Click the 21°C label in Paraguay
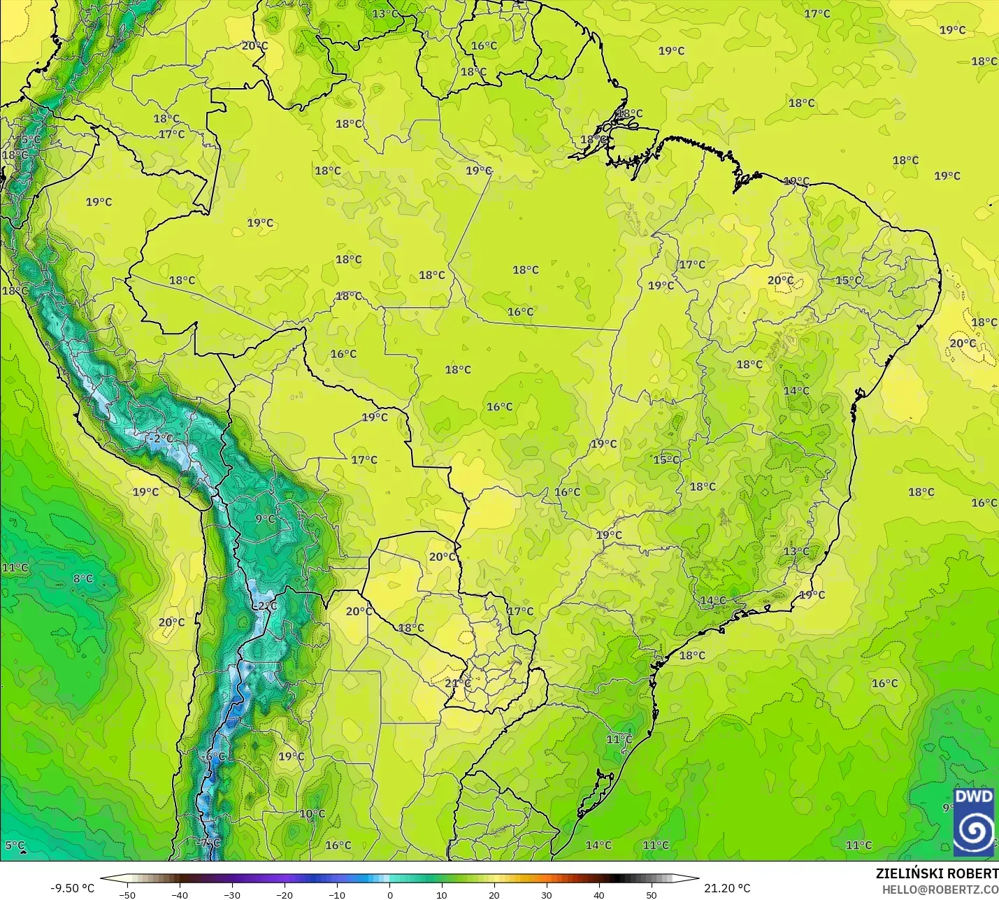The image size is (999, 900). [x=457, y=683]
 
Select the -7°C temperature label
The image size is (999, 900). [x=209, y=843]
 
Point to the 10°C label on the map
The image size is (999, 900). [x=312, y=814]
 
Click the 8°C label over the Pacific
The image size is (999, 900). [x=82, y=579]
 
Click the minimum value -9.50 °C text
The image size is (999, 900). [x=72, y=888]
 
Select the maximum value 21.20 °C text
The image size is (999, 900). [x=727, y=888]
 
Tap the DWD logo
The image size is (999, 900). [x=973, y=822]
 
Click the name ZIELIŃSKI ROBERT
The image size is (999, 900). [x=937, y=873]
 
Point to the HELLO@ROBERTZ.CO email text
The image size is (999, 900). [x=940, y=890]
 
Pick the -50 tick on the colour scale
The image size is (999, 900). [x=127, y=894]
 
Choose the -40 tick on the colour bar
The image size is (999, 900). [x=180, y=894]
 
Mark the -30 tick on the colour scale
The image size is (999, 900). [x=232, y=894]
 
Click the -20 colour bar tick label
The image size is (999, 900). [x=285, y=894]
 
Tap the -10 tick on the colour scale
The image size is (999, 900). [x=337, y=894]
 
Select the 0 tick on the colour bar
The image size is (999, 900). [x=390, y=894]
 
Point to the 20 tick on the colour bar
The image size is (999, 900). [x=494, y=894]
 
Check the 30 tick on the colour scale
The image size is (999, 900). [x=547, y=894]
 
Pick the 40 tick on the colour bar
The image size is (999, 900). [x=599, y=894]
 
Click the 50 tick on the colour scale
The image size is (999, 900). [x=652, y=894]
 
